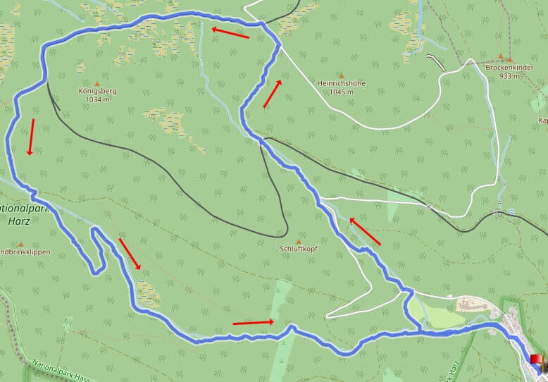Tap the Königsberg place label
pyautogui.click(x=98, y=91)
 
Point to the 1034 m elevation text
pyautogui.click(x=98, y=99)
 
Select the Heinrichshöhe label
pyautogui.click(x=342, y=83)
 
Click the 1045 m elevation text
pyautogui.click(x=342, y=92)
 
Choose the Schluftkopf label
pyautogui.click(x=300, y=249)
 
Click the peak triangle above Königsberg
pyautogui.click(x=97, y=83)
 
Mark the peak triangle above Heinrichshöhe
pyautogui.click(x=342, y=75)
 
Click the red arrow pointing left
pyautogui.click(x=230, y=32)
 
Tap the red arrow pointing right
pyautogui.click(x=253, y=323)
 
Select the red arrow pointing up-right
pyautogui.click(x=273, y=94)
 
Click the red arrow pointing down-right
pyautogui.click(x=130, y=254)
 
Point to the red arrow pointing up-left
pyautogui.click(x=364, y=231)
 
